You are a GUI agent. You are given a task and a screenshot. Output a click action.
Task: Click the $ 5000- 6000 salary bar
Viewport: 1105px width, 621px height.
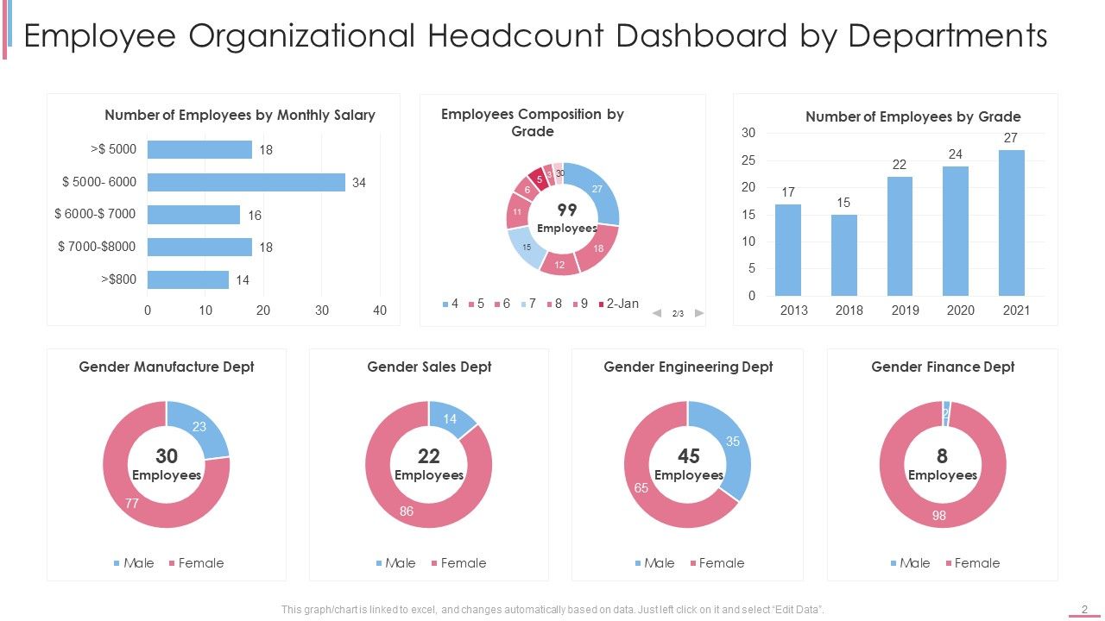246,182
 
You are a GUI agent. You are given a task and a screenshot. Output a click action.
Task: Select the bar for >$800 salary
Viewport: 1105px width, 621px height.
188,279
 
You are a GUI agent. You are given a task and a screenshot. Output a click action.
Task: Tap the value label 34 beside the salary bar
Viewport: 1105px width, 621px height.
359,183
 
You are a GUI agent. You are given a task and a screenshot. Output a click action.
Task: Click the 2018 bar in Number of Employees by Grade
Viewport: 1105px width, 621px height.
844,255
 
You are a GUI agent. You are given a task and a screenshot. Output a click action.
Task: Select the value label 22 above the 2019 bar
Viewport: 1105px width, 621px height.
900,165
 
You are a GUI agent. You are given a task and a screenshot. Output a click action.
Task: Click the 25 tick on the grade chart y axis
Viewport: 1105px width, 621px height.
748,160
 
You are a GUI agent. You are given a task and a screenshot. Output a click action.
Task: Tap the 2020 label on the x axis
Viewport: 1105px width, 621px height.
960,310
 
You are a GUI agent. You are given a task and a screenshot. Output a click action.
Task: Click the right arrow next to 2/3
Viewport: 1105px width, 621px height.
699,313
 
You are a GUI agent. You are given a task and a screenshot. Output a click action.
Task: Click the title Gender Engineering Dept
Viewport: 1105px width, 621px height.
688,367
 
